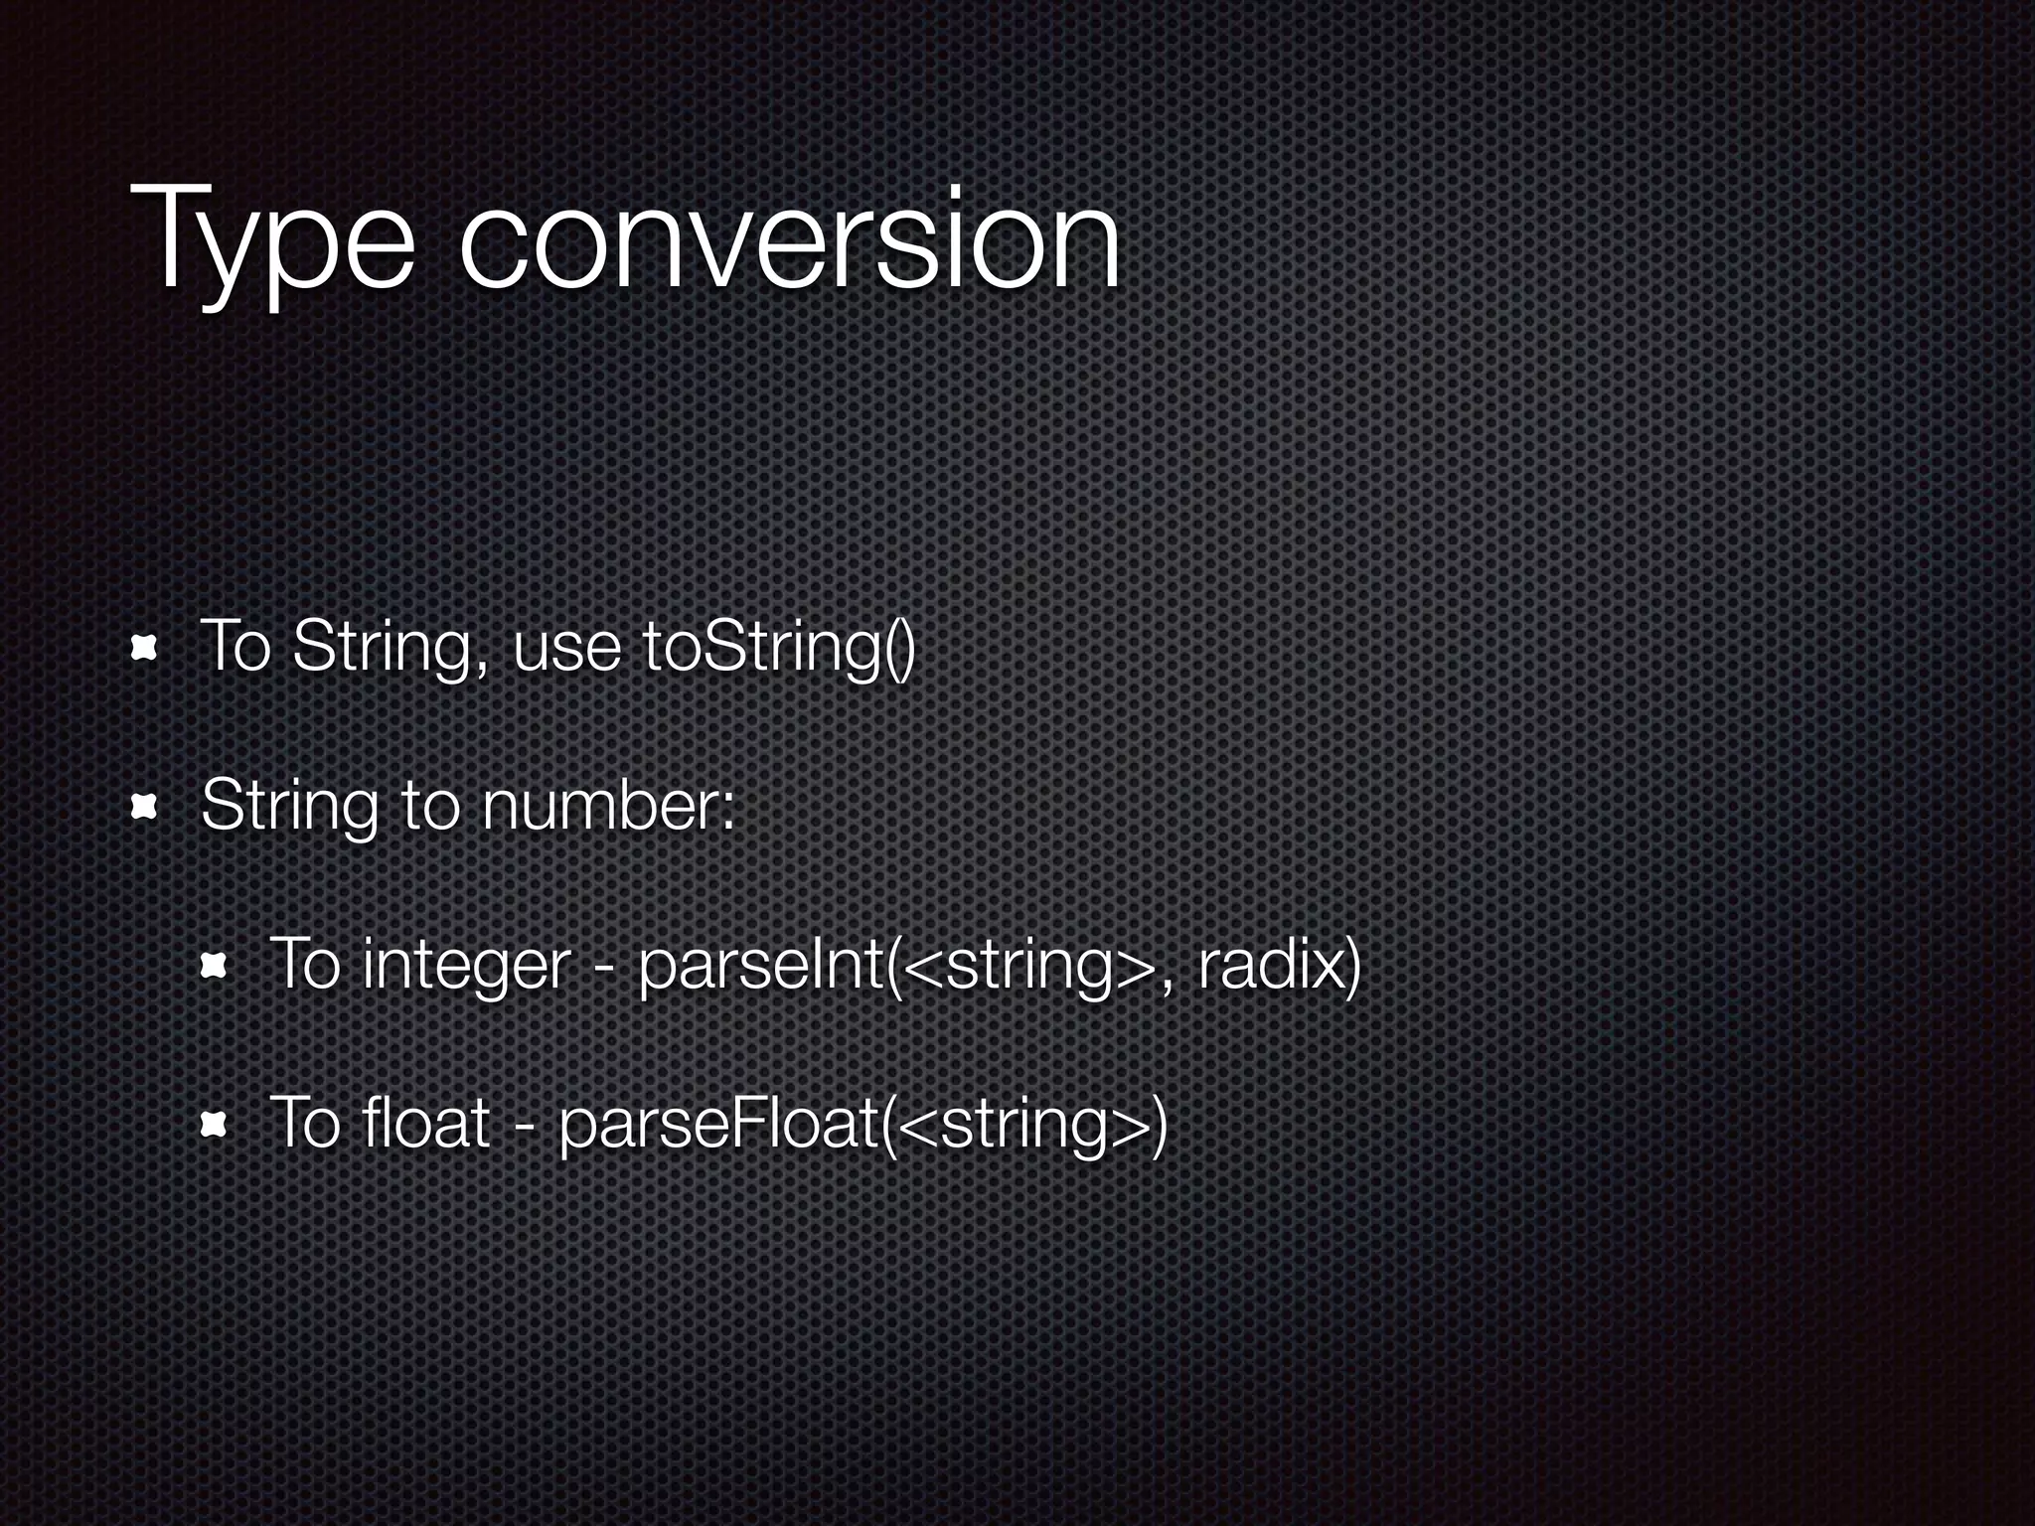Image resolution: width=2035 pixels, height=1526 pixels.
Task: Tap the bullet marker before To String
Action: (146, 649)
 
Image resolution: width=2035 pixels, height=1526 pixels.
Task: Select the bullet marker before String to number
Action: (146, 807)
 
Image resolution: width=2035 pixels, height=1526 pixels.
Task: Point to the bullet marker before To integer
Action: (214, 965)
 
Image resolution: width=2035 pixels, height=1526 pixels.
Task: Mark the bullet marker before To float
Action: (214, 1124)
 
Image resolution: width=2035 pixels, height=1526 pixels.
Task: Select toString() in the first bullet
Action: (778, 648)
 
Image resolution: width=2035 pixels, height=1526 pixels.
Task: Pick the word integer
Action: (466, 967)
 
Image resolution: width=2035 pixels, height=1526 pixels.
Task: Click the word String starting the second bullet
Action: (289, 807)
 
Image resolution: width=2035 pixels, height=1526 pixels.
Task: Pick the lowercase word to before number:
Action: (429, 807)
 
